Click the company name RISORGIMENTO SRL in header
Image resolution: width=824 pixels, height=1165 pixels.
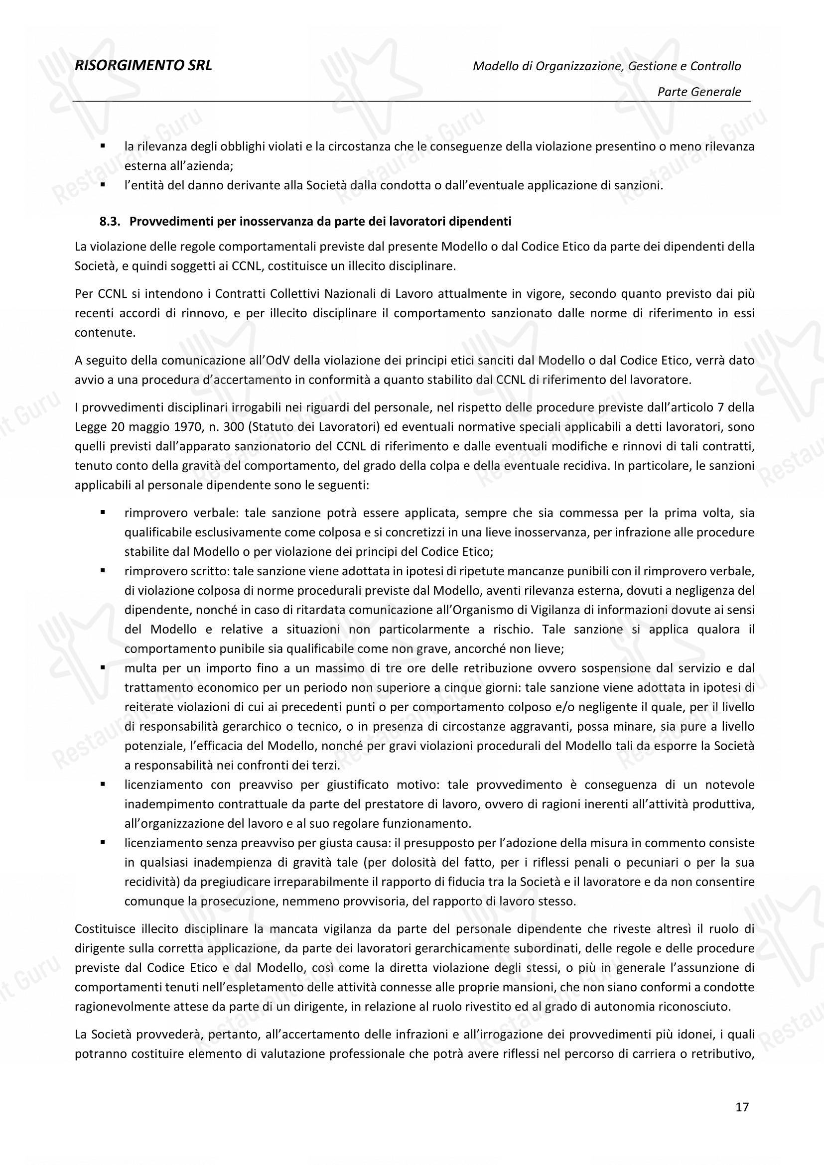[142, 65]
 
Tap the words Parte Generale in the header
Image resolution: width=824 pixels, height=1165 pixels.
[698, 92]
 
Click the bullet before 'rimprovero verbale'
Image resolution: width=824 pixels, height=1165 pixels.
[103, 513]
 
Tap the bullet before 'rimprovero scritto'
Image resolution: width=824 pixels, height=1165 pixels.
[103, 571]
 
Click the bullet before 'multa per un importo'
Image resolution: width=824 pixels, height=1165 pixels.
[103, 668]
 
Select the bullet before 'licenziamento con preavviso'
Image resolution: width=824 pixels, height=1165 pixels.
[103, 785]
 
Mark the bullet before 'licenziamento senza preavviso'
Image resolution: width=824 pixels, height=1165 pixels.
[103, 843]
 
